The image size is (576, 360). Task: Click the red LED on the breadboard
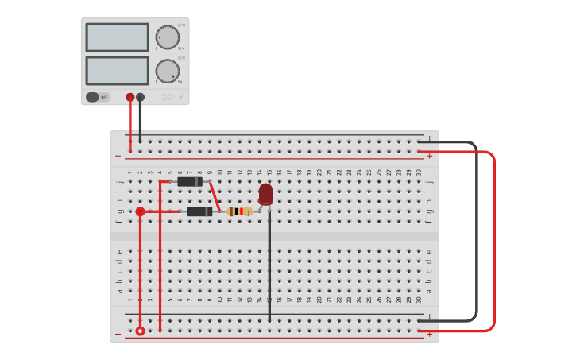[265, 194]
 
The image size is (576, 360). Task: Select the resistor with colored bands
[239, 211]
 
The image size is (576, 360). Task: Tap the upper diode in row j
[189, 182]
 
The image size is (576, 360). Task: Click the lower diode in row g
[199, 211]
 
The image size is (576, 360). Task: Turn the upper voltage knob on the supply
[167, 37]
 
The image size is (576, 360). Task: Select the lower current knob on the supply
[167, 71]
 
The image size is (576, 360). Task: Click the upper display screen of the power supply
[117, 37]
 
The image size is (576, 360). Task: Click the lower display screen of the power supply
[117, 71]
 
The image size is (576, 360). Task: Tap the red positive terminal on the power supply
[130, 97]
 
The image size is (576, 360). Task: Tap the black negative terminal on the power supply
[141, 97]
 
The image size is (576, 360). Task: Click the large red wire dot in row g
[140, 211]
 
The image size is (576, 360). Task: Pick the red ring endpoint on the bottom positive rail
[140, 331]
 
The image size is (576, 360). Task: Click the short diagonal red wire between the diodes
[215, 196]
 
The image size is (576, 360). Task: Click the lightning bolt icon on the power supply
[180, 97]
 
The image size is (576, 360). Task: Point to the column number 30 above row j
[419, 172]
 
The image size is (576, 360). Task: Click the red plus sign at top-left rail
[118, 156]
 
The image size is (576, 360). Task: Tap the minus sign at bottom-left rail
[118, 316]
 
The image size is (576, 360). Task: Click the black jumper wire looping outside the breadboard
[477, 230]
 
